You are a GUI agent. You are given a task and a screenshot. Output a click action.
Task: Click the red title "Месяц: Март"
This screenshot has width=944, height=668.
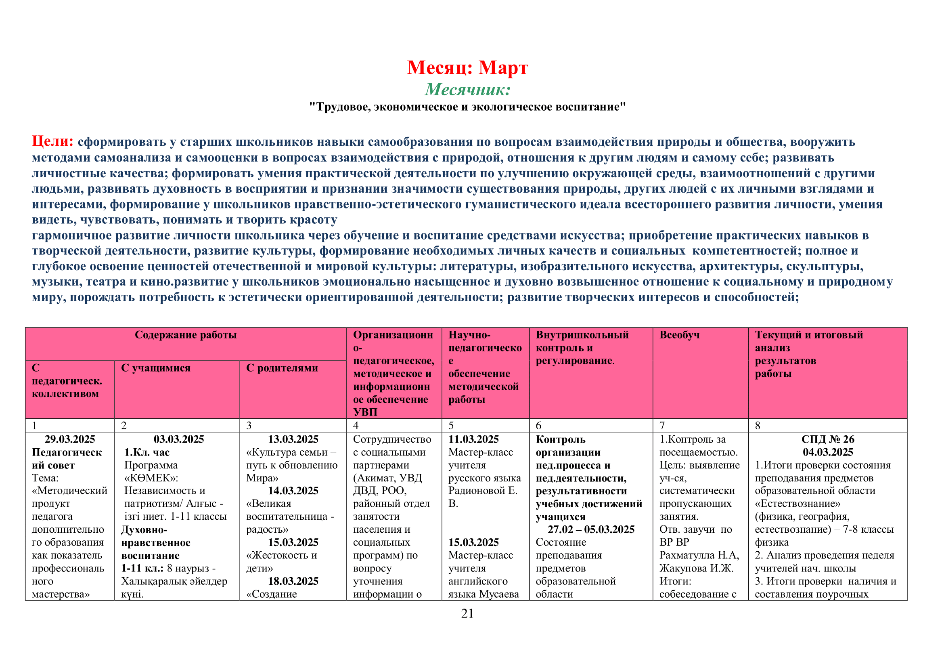pos(467,68)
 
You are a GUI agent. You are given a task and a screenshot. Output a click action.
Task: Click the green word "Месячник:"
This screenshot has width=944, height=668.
pos(467,89)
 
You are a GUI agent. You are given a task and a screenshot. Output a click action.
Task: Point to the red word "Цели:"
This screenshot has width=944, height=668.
pos(52,141)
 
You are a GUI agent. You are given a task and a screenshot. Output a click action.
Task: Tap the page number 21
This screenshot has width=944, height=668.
pos(467,613)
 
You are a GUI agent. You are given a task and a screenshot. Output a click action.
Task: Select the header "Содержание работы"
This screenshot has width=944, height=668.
pos(186,335)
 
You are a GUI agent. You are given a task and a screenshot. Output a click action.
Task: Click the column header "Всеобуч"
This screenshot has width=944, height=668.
pos(679,335)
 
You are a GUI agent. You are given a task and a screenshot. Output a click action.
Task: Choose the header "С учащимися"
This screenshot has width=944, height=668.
pos(156,368)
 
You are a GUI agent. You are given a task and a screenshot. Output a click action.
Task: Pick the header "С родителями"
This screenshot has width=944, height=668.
pos(282,368)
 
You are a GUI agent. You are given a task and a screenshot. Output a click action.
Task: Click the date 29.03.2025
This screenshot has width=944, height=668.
pos(70,439)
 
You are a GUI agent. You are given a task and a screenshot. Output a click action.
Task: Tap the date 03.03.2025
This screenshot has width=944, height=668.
pos(179,439)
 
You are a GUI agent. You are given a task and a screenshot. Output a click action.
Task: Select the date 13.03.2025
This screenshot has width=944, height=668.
pos(293,439)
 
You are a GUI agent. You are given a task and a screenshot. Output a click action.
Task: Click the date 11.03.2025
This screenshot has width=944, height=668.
pos(473,439)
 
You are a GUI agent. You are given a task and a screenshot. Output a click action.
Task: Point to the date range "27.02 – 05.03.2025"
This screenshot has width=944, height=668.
pos(591,529)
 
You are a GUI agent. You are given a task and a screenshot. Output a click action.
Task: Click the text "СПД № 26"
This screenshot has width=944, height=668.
pos(828,439)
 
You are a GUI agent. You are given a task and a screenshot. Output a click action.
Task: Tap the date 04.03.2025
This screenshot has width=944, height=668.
pos(828,452)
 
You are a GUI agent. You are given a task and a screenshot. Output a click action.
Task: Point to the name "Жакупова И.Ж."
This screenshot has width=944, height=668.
pos(696,568)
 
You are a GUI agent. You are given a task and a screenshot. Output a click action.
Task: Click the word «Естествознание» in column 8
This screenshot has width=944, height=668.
pos(797,504)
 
